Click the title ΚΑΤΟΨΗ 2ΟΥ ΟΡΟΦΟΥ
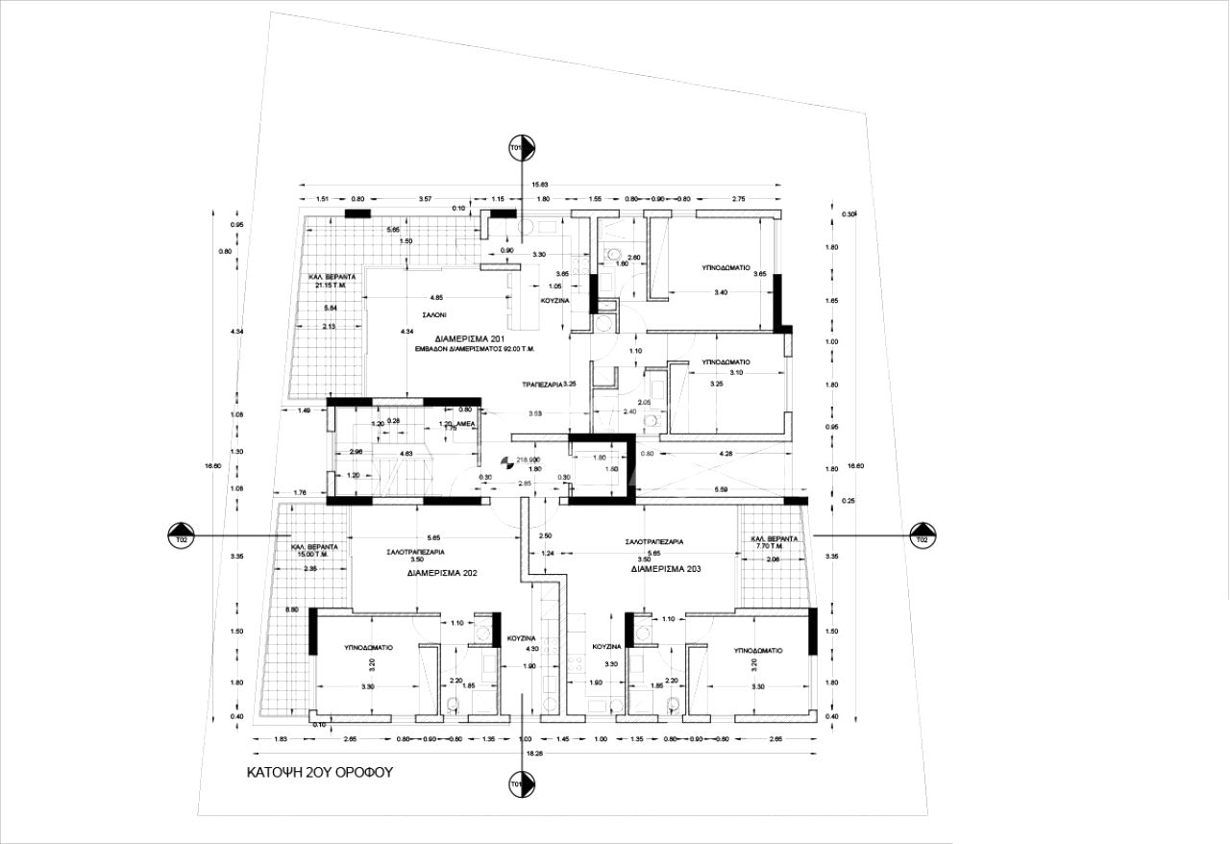[x=319, y=772]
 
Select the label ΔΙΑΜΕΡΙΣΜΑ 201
[x=470, y=339]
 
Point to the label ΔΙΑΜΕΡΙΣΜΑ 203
[x=666, y=569]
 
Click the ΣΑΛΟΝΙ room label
[x=433, y=315]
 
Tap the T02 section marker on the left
[x=181, y=534]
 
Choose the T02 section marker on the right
[x=922, y=534]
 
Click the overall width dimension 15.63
[x=540, y=184]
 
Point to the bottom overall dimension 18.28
[x=535, y=754]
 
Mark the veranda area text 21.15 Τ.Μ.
[x=328, y=285]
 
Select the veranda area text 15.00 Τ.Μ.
[x=310, y=555]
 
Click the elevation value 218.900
[x=528, y=460]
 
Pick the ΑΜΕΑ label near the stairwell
[x=465, y=424]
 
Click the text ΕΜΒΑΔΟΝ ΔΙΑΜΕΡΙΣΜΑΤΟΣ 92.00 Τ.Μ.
[x=470, y=351]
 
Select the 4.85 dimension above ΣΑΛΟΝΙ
[x=436, y=297]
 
